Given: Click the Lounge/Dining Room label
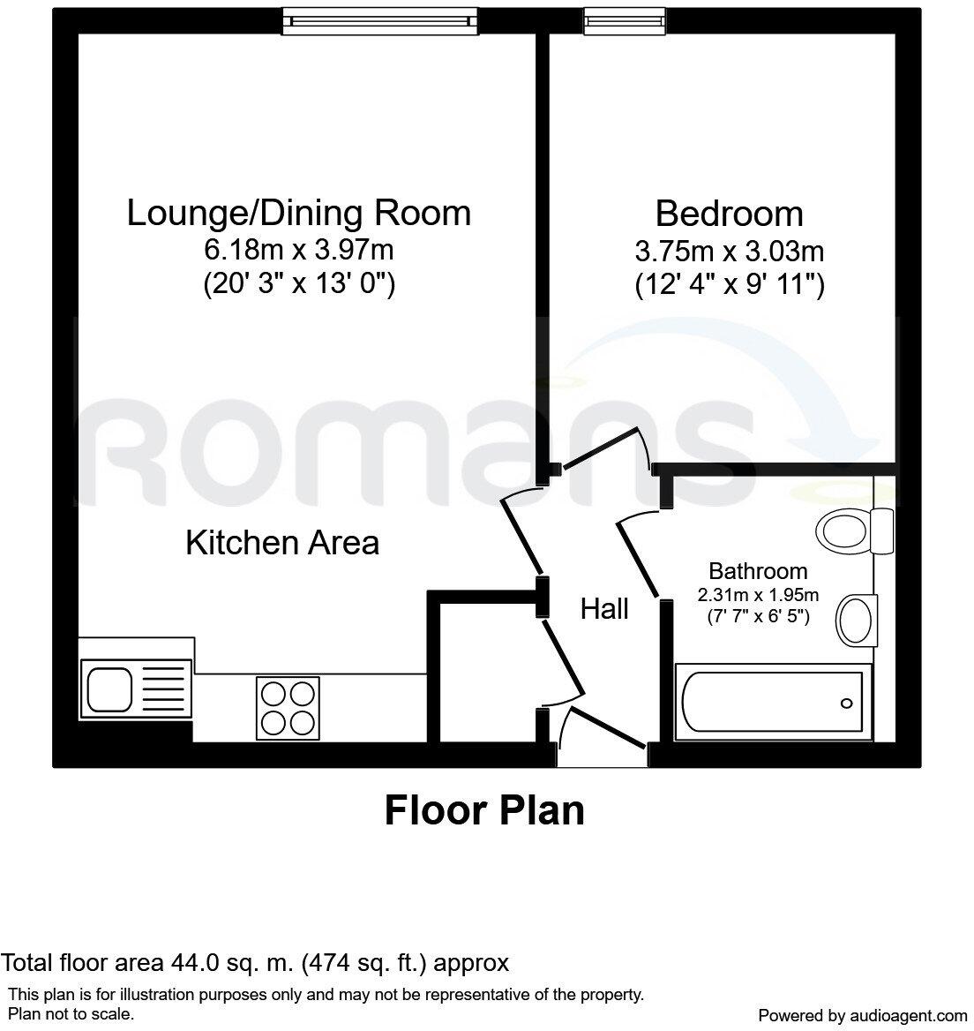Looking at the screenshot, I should (x=298, y=214).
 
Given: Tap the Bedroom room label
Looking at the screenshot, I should (x=729, y=214).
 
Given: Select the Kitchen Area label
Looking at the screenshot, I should (x=282, y=542).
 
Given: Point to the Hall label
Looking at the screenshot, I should (x=604, y=608).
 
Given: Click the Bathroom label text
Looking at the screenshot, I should (x=758, y=570).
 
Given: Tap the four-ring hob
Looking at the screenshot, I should (x=288, y=708).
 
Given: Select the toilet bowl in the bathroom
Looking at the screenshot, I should (x=843, y=531).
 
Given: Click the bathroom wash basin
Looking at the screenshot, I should (x=855, y=619).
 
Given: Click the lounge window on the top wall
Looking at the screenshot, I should (x=379, y=21).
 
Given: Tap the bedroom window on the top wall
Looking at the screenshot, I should (x=613, y=21).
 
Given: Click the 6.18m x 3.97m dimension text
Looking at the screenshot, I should (x=298, y=250).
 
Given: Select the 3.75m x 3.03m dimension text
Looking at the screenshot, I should (x=729, y=252).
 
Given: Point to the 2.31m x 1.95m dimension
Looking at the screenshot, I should (x=759, y=593).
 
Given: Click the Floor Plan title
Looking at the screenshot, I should (x=484, y=809).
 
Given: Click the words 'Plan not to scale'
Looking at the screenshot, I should (x=71, y=1013).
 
